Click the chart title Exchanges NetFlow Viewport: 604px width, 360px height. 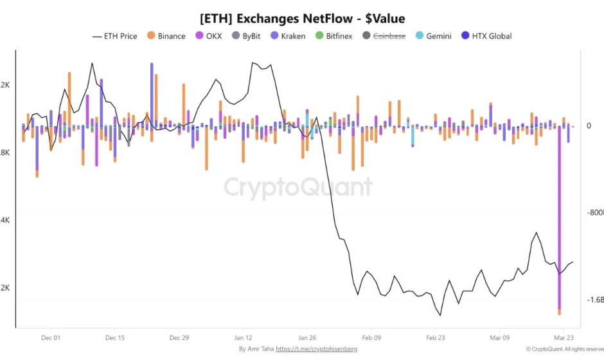(x=301, y=18)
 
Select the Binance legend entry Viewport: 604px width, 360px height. (x=166, y=36)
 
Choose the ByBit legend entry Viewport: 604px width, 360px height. (x=249, y=36)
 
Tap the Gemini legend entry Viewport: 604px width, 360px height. (x=434, y=36)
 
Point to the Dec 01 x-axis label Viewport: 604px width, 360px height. (x=50, y=337)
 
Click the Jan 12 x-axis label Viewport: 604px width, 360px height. (x=244, y=337)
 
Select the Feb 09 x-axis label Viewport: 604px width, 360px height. (x=372, y=337)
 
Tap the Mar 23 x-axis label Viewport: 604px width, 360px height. (x=564, y=337)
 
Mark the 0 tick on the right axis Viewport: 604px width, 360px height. (x=589, y=126)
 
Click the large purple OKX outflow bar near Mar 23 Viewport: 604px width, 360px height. (x=559, y=219)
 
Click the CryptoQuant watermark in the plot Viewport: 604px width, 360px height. (x=298, y=188)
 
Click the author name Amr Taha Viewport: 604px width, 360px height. (x=261, y=349)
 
